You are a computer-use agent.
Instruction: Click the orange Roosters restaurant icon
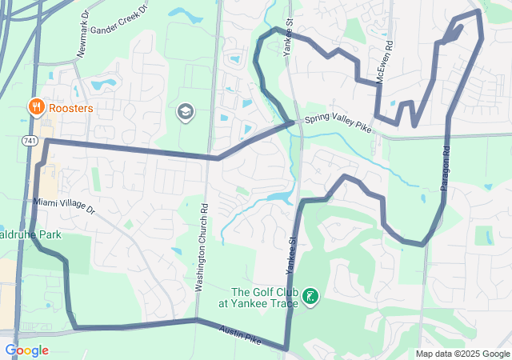point(36,106)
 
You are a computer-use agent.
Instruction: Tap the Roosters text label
point(70,107)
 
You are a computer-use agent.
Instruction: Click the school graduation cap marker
point(186,111)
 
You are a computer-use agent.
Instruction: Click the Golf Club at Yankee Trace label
point(262,298)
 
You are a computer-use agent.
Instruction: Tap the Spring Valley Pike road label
point(338,124)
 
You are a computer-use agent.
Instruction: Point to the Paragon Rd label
point(445,166)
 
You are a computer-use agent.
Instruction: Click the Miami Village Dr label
point(64,206)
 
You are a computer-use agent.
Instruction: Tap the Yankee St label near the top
point(287,37)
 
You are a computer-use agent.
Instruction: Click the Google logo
point(26,350)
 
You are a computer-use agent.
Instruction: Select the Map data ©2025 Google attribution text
point(462,354)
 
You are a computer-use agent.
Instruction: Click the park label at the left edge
point(30,235)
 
